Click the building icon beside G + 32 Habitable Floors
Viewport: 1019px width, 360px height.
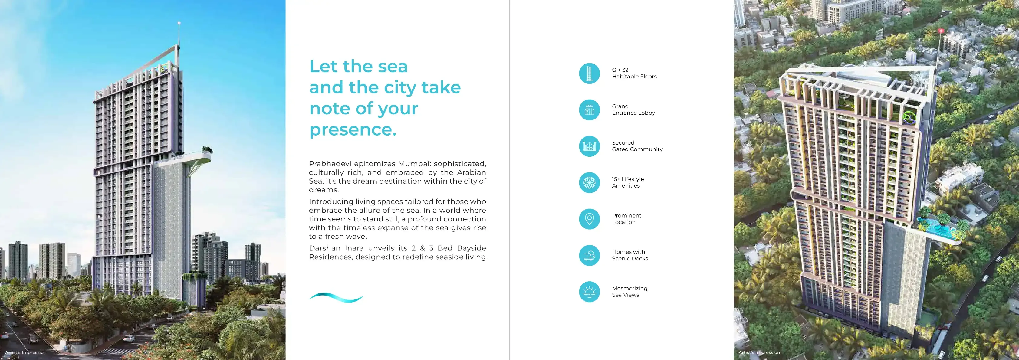pyautogui.click(x=589, y=74)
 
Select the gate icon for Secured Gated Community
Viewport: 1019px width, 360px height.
pyautogui.click(x=589, y=146)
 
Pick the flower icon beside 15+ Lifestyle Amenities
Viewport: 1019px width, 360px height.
pyautogui.click(x=589, y=183)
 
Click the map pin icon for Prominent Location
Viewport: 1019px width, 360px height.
pyautogui.click(x=589, y=219)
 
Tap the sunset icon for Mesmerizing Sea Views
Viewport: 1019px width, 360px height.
pyautogui.click(x=589, y=292)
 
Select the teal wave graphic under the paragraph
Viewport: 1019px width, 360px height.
pyautogui.click(x=336, y=297)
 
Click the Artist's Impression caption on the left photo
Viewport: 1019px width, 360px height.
pyautogui.click(x=26, y=352)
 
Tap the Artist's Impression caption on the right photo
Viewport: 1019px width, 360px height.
pyautogui.click(x=759, y=352)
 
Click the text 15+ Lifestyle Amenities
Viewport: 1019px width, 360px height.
pyautogui.click(x=628, y=182)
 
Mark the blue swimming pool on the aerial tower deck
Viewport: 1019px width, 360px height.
pyautogui.click(x=938, y=228)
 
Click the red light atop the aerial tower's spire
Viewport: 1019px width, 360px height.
pyautogui.click(x=941, y=31)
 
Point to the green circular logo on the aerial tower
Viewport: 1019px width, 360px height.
pyautogui.click(x=908, y=117)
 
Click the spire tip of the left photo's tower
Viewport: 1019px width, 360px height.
pyautogui.click(x=179, y=23)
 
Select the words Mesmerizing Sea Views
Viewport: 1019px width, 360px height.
pyautogui.click(x=629, y=292)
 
